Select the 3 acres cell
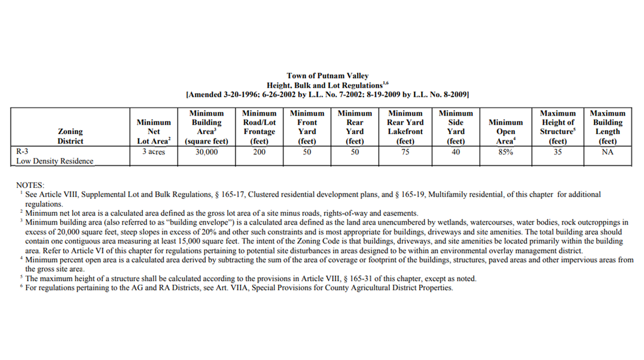point(154,152)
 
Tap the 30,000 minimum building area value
point(206,152)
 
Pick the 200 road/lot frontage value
point(259,152)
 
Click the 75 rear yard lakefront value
point(405,152)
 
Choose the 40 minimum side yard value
point(456,152)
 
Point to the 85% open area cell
point(505,152)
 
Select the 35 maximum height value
point(558,152)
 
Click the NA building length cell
point(607,152)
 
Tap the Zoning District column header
point(70,136)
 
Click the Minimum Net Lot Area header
point(154,132)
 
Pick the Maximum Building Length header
point(607,127)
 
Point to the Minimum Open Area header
point(505,132)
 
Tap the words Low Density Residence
point(55,161)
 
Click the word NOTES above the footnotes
point(30,185)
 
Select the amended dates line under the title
point(327,94)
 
